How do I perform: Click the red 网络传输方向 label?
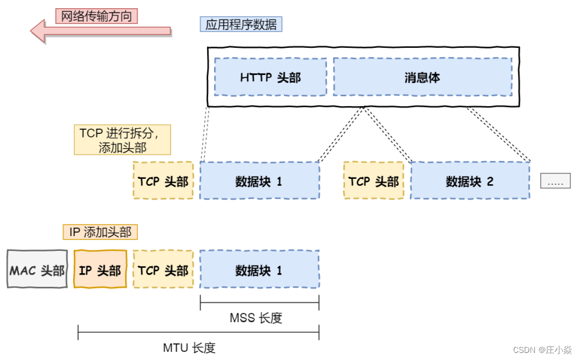coord(97,16)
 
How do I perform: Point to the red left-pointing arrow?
coord(100,31)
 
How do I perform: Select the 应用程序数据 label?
coord(241,24)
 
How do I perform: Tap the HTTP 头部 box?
coord(270,77)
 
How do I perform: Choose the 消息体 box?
coord(422,77)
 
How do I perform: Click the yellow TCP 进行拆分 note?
coord(123,139)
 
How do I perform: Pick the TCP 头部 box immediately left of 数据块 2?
coord(373,181)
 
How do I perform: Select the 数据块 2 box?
coord(470,181)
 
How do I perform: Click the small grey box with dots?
coord(555,181)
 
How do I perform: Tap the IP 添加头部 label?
coord(100,232)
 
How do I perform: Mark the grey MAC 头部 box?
coord(37,270)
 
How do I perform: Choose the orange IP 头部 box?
coord(100,270)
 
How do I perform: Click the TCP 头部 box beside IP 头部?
coord(163,270)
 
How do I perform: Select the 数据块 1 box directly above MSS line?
coord(260,270)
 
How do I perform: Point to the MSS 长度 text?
coord(256,318)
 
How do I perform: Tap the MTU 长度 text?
coord(189,348)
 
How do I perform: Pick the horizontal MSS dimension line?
coord(260,303)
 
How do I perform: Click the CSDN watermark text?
coord(542,350)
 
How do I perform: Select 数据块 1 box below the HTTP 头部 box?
coord(260,181)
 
